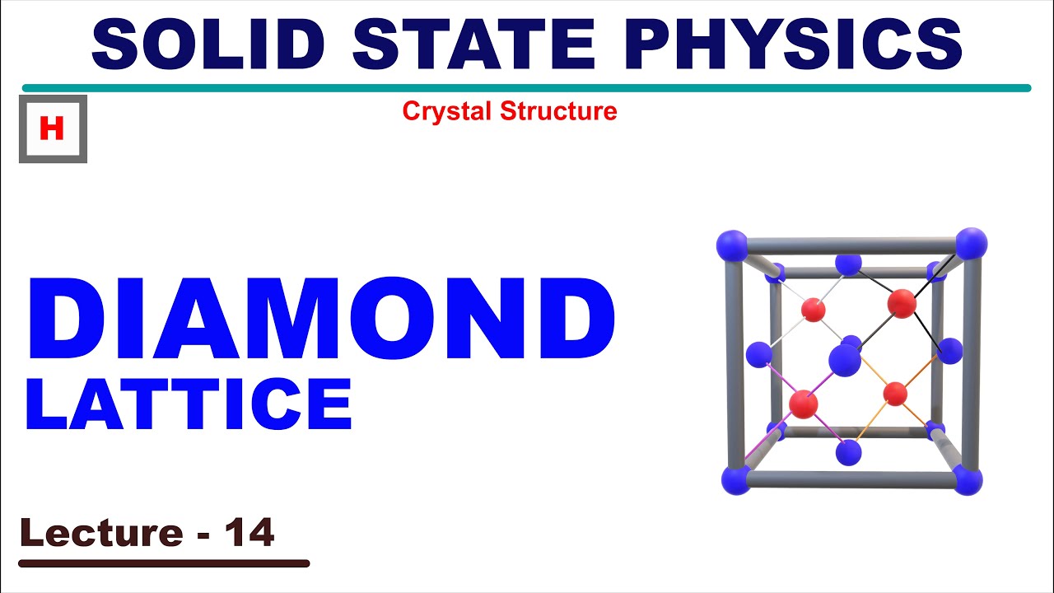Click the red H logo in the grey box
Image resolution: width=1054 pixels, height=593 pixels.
[52, 129]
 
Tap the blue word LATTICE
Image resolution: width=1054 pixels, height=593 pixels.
[189, 406]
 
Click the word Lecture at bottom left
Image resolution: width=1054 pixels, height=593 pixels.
[101, 533]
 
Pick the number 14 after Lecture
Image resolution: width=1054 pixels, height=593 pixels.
[249, 533]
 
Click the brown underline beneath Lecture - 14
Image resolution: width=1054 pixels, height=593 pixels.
[164, 564]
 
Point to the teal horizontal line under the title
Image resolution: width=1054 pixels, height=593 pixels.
[526, 88]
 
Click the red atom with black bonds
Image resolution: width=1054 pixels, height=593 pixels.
[902, 303]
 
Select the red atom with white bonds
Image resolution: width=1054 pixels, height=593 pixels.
[814, 310]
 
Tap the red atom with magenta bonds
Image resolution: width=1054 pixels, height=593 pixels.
[803, 404]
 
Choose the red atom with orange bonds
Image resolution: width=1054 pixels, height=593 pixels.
[895, 394]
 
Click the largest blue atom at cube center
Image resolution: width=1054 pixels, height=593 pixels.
[844, 360]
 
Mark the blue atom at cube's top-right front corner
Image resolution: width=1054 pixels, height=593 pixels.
[971, 244]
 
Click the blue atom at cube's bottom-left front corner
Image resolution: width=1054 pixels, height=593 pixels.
[735, 479]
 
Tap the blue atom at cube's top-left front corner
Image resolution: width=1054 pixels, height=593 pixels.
[731, 245]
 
